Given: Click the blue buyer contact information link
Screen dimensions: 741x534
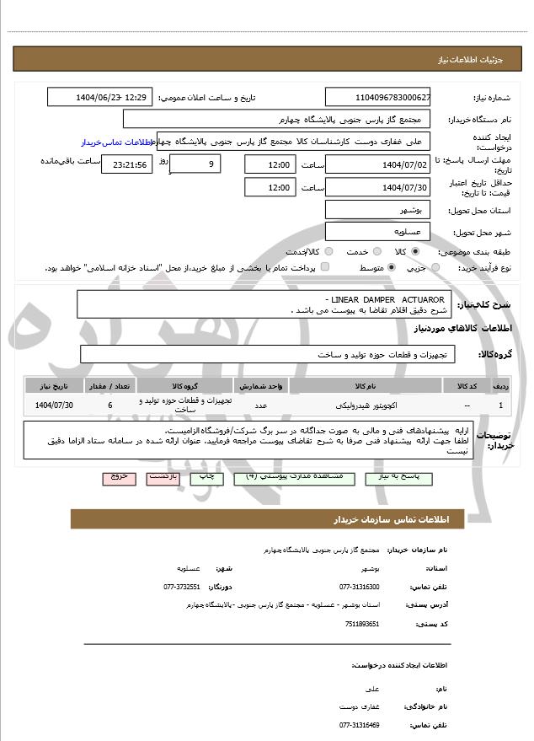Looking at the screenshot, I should [x=119, y=142].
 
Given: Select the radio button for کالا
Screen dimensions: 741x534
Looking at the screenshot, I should [x=414, y=251].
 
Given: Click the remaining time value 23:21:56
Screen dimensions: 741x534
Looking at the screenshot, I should [x=126, y=164].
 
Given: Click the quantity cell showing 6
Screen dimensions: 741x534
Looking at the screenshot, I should [x=110, y=405].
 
